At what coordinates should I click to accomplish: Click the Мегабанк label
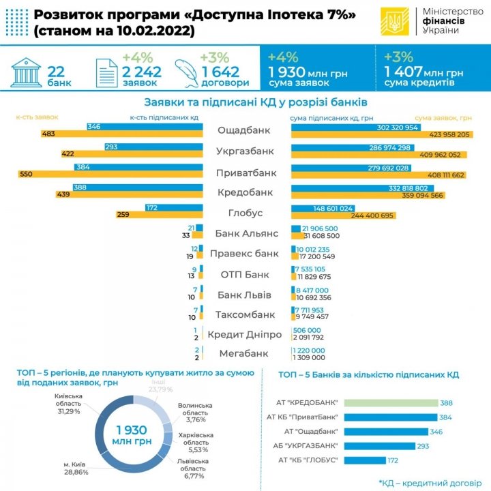pos(247,353)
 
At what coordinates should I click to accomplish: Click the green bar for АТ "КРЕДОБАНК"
pos(391,404)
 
